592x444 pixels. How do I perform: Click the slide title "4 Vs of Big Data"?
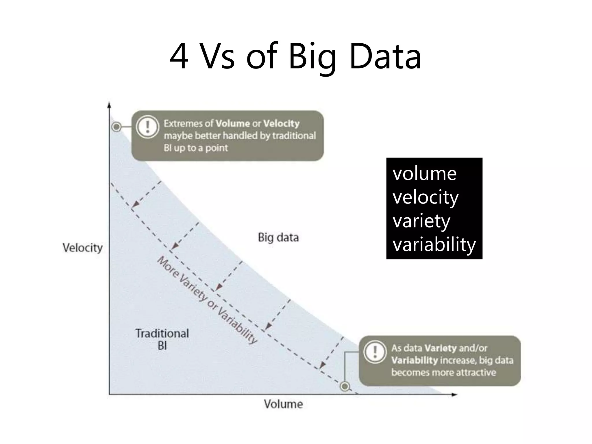coord(295,56)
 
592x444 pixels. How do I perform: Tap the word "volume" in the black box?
coord(424,174)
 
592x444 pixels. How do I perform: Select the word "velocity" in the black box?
coord(425,198)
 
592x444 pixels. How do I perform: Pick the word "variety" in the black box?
coord(421,221)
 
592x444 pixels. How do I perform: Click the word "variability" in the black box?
coord(434,245)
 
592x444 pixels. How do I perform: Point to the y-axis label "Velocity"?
coord(83,248)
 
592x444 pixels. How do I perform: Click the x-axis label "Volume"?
coord(283,404)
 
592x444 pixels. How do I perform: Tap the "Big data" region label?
coord(278,238)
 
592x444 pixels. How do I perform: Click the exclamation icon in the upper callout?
coord(148,127)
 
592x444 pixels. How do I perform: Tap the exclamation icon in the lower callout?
coord(375,352)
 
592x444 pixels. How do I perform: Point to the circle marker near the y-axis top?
coord(116,127)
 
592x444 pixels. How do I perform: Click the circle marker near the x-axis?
coord(345,386)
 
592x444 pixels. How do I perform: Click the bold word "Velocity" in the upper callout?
coord(281,124)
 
